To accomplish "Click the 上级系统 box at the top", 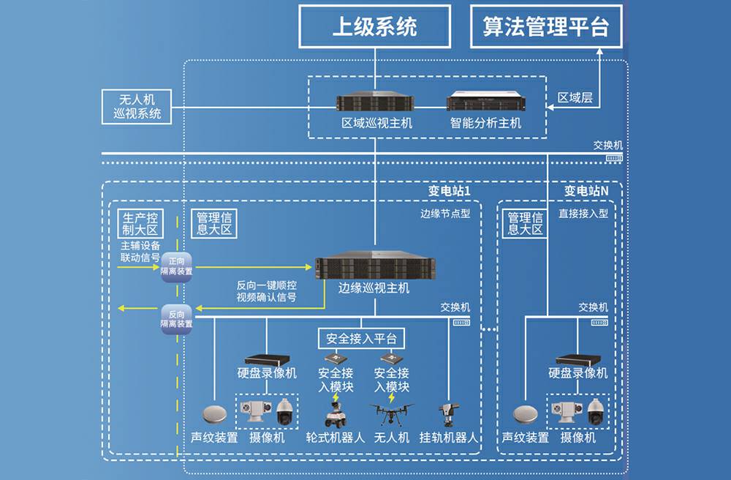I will pos(374,27).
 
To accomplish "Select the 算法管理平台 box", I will pos(545,27).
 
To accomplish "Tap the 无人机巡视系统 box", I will pos(137,107).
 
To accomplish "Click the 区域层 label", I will pos(575,98).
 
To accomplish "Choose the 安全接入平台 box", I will pos(361,339).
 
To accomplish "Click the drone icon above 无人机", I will pos(391,414).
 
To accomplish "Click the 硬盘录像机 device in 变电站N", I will pos(577,359).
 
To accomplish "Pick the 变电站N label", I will pos(586,190).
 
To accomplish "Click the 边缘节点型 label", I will pos(444,214).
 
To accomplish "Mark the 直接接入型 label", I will pos(583,214).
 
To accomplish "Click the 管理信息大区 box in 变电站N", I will pos(525,223).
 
